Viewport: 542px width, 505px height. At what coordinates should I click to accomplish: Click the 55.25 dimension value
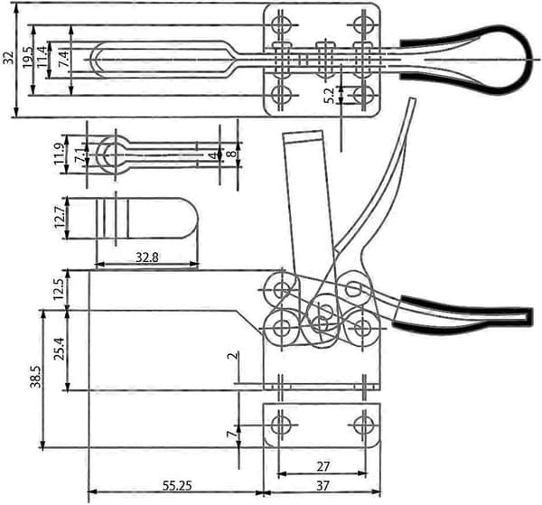177,486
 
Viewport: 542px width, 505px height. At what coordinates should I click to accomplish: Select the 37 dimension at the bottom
322,486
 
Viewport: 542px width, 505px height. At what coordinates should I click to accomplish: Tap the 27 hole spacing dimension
322,466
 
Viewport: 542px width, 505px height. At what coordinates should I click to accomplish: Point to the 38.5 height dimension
36,377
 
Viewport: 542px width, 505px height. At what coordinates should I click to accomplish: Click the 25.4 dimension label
61,349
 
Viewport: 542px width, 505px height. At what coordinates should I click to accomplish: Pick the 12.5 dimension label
58,289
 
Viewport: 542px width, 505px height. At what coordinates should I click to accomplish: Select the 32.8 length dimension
147,257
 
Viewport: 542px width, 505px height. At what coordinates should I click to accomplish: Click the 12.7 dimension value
59,217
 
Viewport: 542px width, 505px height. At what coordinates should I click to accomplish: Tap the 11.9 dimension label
59,154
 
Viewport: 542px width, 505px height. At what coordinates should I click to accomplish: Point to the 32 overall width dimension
8,58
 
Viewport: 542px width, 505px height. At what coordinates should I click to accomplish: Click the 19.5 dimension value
28,57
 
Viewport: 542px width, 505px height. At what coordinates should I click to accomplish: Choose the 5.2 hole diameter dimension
329,96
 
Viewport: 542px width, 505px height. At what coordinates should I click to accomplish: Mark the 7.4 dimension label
63,58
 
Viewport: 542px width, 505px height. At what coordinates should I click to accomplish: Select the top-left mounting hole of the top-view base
280,25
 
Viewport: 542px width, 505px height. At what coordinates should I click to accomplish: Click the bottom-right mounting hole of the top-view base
364,95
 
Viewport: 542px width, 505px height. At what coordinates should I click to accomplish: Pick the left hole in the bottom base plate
280,425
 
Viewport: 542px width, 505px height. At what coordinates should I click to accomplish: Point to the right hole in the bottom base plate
364,425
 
